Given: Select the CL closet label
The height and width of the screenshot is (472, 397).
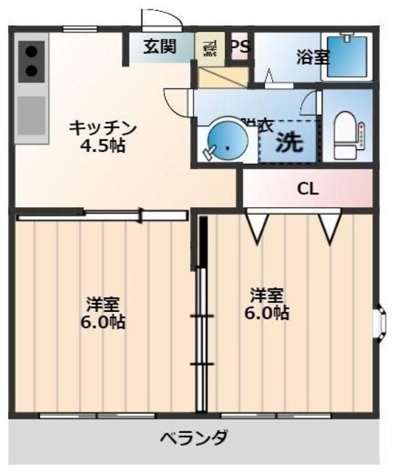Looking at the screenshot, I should pyautogui.click(x=308, y=188).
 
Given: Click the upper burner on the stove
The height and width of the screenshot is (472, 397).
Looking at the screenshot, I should pyautogui.click(x=32, y=52).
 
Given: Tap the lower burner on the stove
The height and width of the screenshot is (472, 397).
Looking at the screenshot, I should pyautogui.click(x=32, y=71).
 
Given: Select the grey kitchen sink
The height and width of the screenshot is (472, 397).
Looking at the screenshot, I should pyautogui.click(x=32, y=114).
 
